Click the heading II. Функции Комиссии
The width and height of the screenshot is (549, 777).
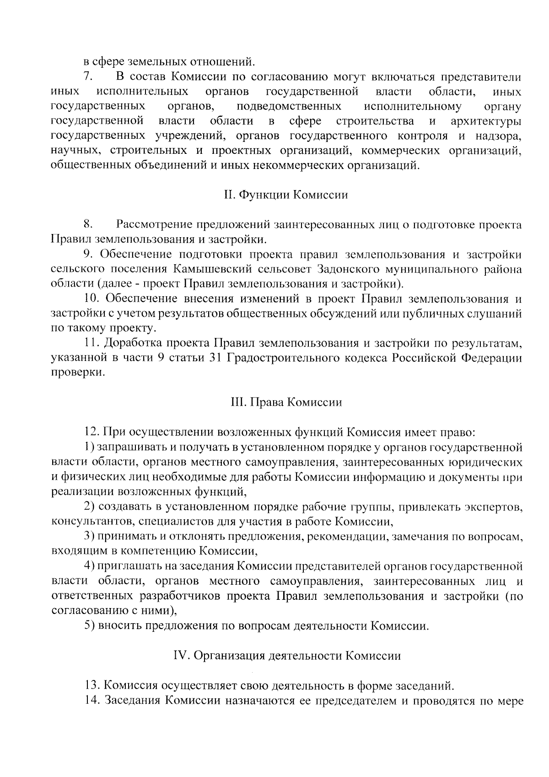click(x=286, y=195)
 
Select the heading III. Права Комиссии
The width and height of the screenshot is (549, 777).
click(x=286, y=402)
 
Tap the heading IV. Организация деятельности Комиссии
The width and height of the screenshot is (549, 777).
click(x=287, y=656)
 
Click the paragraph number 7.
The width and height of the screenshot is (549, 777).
click(x=89, y=76)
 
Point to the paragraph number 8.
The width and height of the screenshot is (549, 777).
click(x=89, y=224)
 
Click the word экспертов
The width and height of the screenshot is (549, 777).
click(x=492, y=507)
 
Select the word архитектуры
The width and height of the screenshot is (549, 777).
click(x=486, y=121)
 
